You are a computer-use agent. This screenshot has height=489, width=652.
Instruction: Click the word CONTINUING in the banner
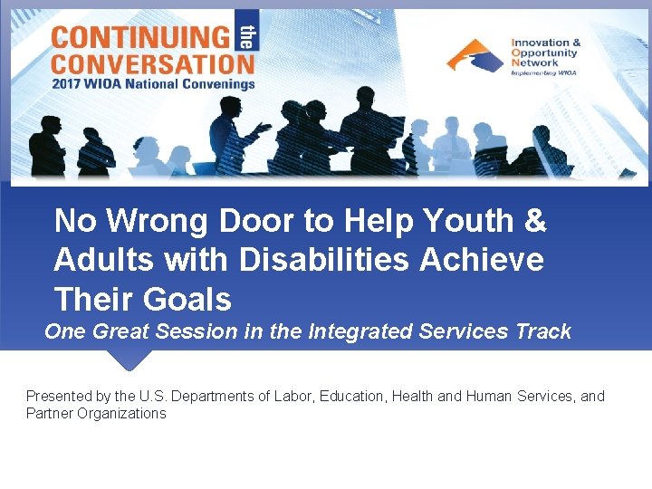click(x=140, y=37)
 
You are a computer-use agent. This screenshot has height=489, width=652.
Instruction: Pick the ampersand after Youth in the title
click(x=535, y=221)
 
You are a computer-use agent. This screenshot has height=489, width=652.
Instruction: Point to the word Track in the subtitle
click(x=543, y=331)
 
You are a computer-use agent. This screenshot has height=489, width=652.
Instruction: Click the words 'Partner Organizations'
click(x=96, y=414)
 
